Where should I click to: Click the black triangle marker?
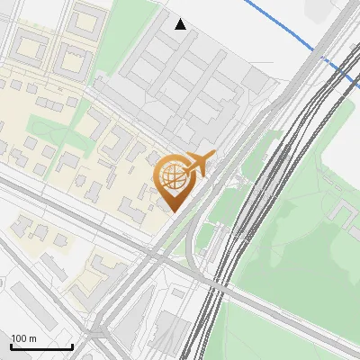point(181,23)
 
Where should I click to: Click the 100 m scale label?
point(23,338)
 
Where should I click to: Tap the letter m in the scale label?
point(32,338)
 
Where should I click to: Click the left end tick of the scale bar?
point(11,346)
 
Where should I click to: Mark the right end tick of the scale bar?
point(72,346)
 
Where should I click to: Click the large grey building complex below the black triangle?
point(189,81)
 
